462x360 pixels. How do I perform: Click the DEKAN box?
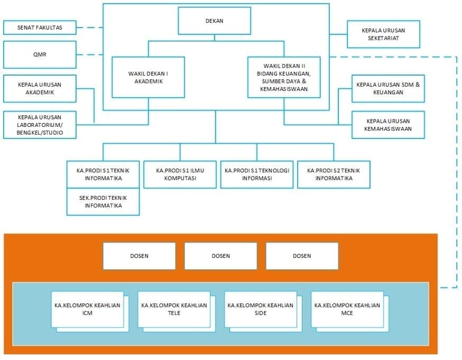214,21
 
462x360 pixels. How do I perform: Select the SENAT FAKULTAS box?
40,27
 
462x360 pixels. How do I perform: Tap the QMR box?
40,54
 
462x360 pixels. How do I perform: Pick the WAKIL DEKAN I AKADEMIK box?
149,77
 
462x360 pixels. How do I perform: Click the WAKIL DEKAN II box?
284,77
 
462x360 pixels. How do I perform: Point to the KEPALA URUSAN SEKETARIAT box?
383,34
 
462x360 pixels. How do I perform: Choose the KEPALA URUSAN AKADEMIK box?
40,88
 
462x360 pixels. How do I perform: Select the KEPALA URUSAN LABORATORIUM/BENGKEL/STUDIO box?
40,125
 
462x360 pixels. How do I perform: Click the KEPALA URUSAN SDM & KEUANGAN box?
388,88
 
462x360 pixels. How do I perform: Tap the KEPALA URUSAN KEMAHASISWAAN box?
388,125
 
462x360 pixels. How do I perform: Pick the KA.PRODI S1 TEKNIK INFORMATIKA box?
103,174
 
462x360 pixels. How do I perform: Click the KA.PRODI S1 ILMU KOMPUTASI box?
180,174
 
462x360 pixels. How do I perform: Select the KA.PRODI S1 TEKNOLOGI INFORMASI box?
257,174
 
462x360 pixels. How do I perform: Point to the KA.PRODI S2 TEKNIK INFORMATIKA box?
334,174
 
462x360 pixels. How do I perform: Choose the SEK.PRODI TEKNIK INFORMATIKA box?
103,201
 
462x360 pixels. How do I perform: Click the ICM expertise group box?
87,309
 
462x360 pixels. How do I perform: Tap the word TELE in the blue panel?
174,313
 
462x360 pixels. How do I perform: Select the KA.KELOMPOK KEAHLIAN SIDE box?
261,309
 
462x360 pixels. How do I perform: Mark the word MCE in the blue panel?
347,313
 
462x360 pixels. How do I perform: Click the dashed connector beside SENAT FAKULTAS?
89,27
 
